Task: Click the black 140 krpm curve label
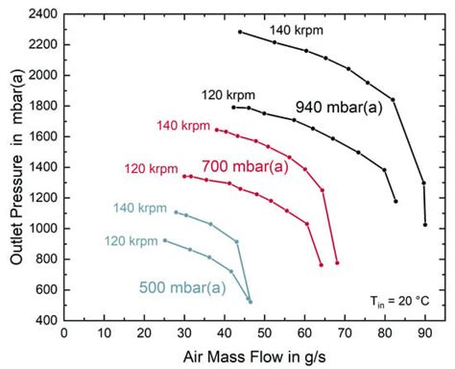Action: click(296, 30)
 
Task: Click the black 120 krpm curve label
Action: click(227, 94)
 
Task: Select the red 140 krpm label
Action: click(181, 126)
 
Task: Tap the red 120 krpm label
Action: click(151, 169)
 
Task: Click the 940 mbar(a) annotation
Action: click(339, 108)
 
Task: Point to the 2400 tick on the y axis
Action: click(40, 14)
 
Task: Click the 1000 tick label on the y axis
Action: click(40, 229)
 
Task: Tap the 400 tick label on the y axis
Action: click(43, 321)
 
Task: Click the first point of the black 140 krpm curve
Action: click(240, 32)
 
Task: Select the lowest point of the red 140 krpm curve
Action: click(337, 262)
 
